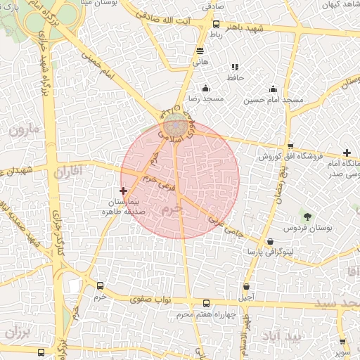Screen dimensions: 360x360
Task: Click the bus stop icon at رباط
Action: [x=217, y=24]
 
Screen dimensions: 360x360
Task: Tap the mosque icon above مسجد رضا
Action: [x=205, y=89]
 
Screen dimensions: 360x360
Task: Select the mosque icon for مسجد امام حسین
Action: [x=273, y=89]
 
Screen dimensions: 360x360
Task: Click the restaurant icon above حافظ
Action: [x=234, y=67]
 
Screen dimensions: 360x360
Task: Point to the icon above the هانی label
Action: [x=200, y=51]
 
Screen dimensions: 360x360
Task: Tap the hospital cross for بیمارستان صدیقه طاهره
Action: [x=124, y=191]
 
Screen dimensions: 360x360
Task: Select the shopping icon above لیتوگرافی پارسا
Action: [x=271, y=241]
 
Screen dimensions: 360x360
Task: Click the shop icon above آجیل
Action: [x=246, y=286]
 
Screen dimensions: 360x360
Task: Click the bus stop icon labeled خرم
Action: [x=100, y=286]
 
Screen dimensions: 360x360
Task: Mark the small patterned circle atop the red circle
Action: [x=175, y=127]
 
